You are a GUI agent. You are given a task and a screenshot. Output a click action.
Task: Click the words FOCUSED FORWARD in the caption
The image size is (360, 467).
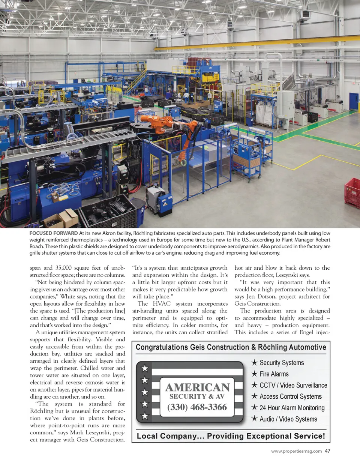click(x=54, y=233)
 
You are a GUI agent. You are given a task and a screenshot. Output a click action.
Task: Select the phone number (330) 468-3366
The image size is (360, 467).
click(x=197, y=407)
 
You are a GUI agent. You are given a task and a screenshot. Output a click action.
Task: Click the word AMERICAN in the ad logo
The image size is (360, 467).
click(x=198, y=387)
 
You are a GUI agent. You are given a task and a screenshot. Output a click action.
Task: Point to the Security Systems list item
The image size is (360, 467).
click(x=282, y=363)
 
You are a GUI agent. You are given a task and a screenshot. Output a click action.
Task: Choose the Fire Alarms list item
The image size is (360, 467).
click(x=274, y=374)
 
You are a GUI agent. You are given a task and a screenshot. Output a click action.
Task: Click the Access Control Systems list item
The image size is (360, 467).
click(x=291, y=396)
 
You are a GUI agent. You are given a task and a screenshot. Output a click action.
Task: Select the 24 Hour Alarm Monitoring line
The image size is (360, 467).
click(x=292, y=408)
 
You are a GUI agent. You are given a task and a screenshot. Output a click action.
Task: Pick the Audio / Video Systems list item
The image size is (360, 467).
click(x=288, y=419)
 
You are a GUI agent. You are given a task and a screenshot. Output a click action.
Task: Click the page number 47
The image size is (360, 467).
click(x=328, y=451)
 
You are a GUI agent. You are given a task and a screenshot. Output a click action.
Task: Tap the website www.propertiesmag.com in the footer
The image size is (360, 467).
click(x=296, y=451)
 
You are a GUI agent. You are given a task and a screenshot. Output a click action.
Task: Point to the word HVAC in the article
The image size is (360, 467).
click(x=162, y=304)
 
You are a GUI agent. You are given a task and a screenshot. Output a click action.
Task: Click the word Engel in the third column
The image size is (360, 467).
click(x=306, y=332)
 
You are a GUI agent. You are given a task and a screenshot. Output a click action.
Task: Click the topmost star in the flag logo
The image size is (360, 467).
click(x=145, y=368)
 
